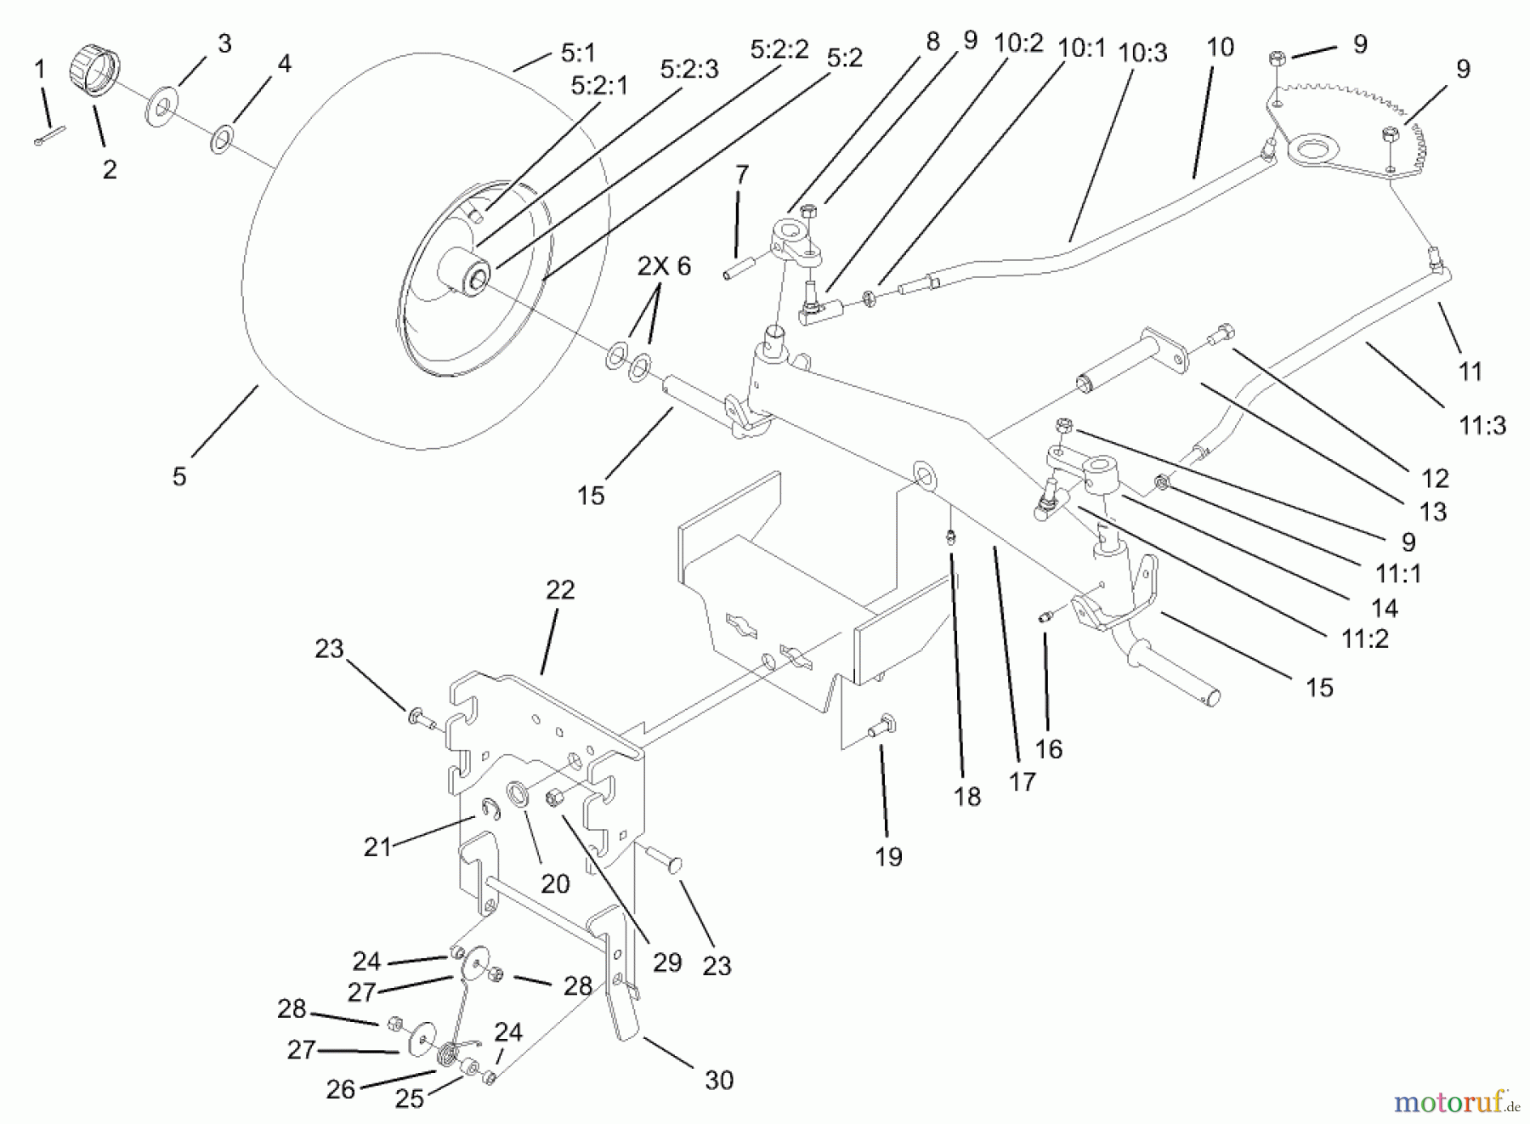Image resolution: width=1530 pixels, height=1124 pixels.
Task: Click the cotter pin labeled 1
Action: pyautogui.click(x=50, y=136)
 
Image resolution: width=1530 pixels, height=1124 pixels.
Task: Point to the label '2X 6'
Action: pyautogui.click(x=664, y=266)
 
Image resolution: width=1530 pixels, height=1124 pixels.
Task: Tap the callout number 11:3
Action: pyautogui.click(x=1482, y=425)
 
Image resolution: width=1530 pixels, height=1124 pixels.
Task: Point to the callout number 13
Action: pyautogui.click(x=1433, y=511)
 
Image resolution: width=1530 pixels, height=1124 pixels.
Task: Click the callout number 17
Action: pyautogui.click(x=1022, y=781)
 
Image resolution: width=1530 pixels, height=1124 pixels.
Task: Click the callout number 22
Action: pyautogui.click(x=559, y=589)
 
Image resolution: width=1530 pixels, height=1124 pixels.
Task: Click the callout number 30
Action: pyautogui.click(x=719, y=1080)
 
